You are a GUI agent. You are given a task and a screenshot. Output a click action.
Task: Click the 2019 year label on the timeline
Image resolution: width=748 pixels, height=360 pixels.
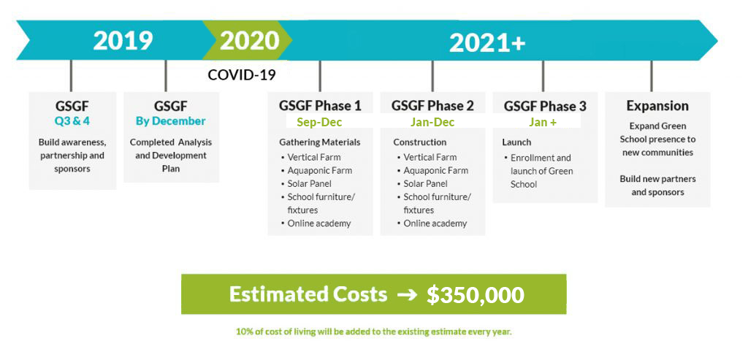[123, 41]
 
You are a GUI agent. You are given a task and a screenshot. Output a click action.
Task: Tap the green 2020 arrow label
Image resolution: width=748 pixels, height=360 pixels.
[250, 41]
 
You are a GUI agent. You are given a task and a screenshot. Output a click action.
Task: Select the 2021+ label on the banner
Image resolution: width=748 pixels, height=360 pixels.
[487, 43]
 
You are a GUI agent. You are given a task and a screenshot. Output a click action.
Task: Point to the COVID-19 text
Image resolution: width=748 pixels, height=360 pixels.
[242, 75]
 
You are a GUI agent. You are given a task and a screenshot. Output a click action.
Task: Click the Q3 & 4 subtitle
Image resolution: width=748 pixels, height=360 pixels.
[72, 120]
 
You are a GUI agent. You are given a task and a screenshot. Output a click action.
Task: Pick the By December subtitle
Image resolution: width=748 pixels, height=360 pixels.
[171, 121]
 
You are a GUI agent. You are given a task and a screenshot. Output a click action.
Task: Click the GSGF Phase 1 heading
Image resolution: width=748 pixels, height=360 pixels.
[320, 105]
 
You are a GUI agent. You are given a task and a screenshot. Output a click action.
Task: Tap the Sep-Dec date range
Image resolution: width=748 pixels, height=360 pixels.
[320, 123]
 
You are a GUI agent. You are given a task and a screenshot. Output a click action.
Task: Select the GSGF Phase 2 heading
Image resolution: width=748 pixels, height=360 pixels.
[432, 105]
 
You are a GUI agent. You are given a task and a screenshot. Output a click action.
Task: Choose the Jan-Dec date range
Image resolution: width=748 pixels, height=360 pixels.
[432, 123]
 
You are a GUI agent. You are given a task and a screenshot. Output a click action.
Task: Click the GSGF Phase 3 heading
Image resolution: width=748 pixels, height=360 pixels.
[545, 105]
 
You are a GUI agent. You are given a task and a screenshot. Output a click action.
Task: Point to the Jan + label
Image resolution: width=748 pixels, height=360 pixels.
[543, 123]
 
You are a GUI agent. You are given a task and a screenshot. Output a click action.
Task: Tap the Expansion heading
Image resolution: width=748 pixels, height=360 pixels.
[657, 105]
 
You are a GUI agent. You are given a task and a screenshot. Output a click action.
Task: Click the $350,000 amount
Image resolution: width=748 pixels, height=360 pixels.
[475, 295]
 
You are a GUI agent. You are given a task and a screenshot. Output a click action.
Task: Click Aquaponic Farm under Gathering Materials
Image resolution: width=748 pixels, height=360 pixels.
[319, 170]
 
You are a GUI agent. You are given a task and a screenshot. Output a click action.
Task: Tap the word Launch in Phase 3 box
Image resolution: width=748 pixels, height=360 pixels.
[516, 142]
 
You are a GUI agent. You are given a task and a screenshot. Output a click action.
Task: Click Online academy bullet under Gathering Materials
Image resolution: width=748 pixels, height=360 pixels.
[318, 223]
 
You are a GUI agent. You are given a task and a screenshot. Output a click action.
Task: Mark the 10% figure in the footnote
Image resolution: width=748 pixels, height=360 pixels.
[243, 332]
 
